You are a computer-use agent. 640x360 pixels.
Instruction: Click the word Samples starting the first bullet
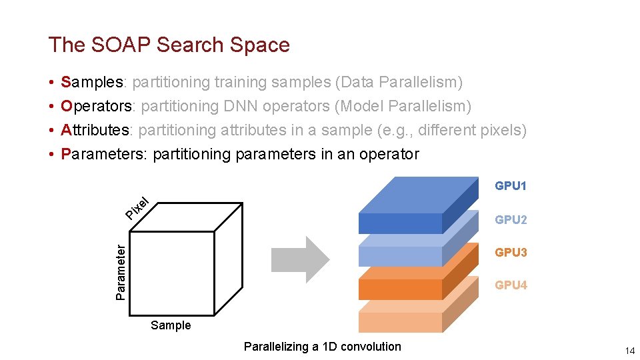click(92, 82)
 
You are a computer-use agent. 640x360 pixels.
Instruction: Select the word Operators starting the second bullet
click(97, 106)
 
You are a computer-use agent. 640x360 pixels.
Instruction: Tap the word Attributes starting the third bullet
click(95, 130)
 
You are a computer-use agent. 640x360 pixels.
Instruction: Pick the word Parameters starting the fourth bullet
click(102, 154)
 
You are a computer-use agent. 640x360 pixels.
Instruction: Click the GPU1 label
click(510, 186)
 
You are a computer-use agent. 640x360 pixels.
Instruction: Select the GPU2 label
click(510, 219)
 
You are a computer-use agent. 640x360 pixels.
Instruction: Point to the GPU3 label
click(510, 252)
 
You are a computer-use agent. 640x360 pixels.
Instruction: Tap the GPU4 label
click(510, 285)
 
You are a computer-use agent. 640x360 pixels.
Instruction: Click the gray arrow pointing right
click(300, 255)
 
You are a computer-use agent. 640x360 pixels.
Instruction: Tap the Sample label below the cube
click(171, 325)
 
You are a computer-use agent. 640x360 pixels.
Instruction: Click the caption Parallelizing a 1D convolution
click(323, 346)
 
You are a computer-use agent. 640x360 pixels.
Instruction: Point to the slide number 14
click(629, 351)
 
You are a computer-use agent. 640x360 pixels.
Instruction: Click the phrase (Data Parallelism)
click(399, 82)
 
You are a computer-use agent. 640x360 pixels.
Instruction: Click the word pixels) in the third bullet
click(505, 130)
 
